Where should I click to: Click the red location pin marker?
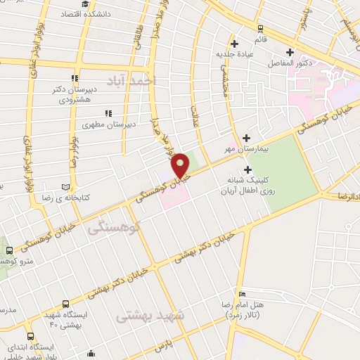coord(180,165)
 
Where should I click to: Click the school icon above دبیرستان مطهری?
coord(108,112)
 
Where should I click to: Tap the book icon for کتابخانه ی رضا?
coord(66,188)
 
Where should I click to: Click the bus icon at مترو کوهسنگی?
coord(9,250)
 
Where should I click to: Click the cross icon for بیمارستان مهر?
coord(246,138)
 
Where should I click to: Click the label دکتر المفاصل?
coord(290,63)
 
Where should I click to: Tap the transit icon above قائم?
coord(261,29)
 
